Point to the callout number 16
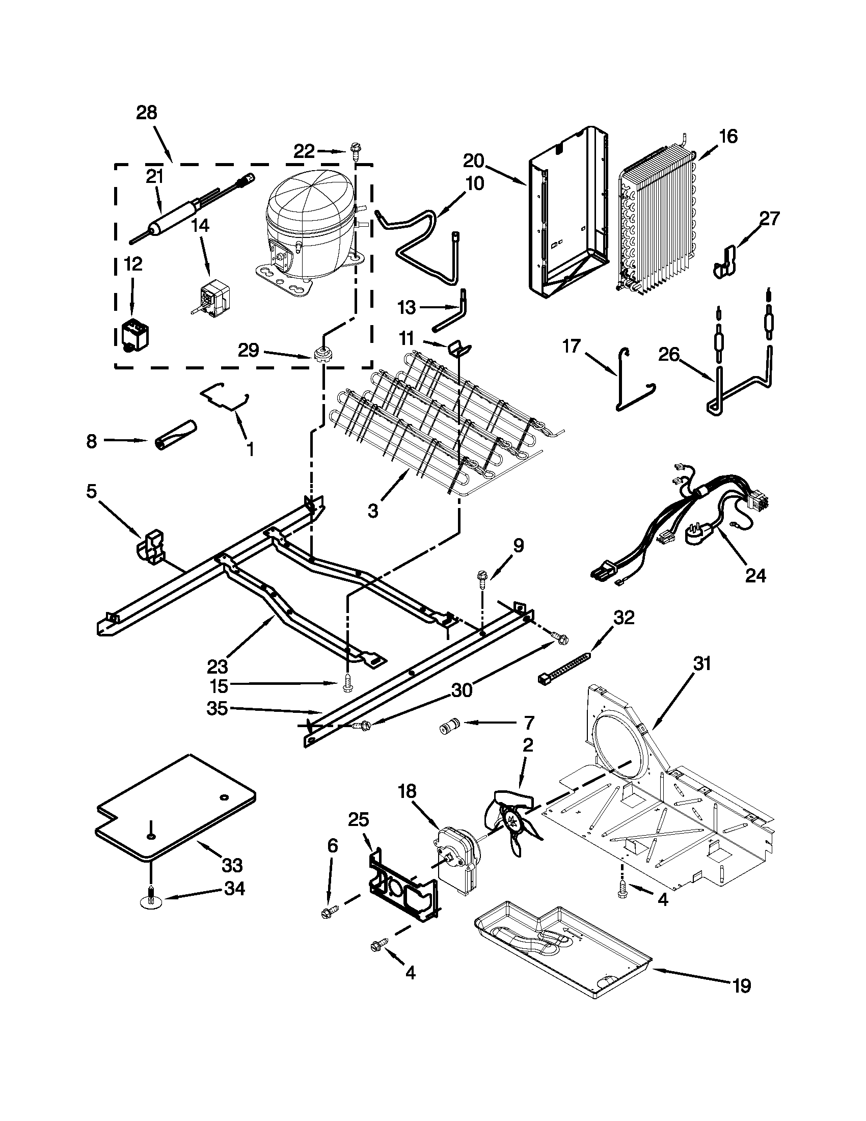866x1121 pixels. coord(728,136)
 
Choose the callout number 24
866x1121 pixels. coord(754,576)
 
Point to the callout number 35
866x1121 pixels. coord(217,709)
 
